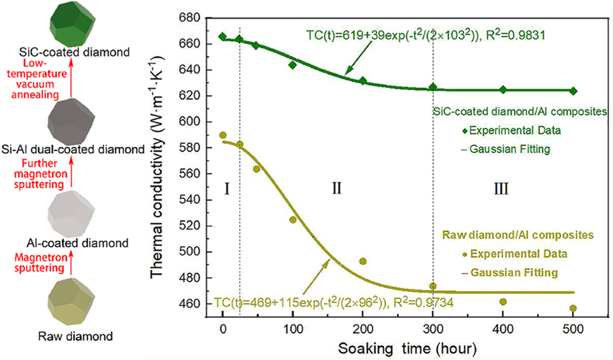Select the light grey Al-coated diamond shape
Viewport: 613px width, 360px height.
[x=71, y=214]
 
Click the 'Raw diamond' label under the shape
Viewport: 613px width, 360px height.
[x=75, y=336]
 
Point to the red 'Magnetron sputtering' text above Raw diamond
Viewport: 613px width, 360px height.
[x=40, y=262]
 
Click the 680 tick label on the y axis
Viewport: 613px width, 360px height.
[x=189, y=18]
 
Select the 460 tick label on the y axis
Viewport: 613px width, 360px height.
[x=189, y=304]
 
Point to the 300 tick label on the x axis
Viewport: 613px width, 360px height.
[x=433, y=329]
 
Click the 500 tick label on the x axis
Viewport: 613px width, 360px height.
[x=573, y=329]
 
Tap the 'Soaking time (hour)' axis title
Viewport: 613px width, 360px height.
[x=407, y=349]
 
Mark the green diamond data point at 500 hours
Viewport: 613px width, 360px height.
[x=573, y=91]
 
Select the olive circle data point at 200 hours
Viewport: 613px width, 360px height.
[x=363, y=261]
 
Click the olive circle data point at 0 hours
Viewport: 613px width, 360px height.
[x=223, y=135]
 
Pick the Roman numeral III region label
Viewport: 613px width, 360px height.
[x=501, y=189]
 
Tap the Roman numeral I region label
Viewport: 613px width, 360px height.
[x=227, y=189]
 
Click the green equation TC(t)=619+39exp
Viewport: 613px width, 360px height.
[x=425, y=35]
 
